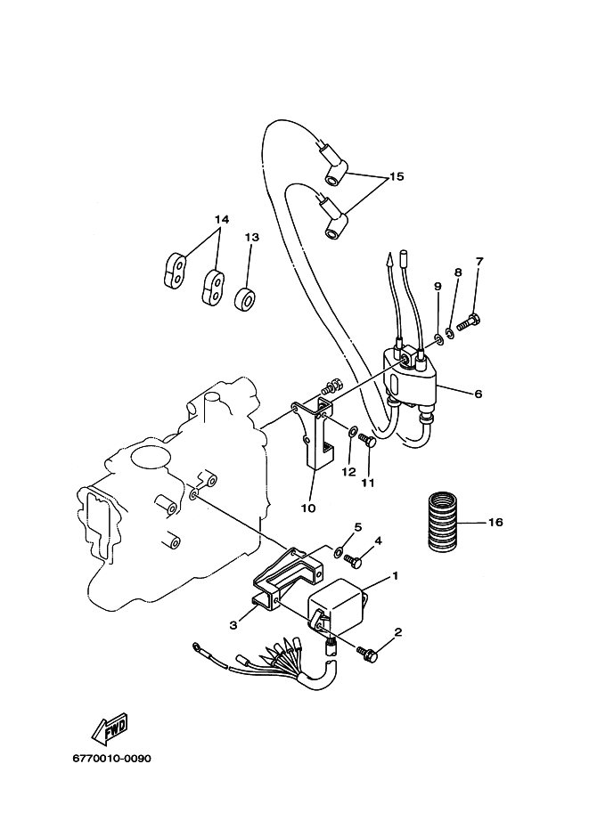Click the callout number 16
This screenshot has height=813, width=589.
[x=495, y=522]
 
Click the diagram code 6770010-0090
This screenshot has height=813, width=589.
[x=111, y=759]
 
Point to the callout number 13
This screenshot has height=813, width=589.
[x=252, y=238]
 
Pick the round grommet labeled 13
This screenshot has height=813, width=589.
[x=245, y=300]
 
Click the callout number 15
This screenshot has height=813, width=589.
[x=396, y=177]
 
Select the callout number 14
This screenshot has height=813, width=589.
[x=222, y=220]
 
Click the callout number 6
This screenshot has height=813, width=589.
[x=478, y=394]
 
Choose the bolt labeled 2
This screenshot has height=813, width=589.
[x=367, y=654]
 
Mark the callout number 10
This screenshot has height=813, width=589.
[x=308, y=508]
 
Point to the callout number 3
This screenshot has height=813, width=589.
[x=233, y=626]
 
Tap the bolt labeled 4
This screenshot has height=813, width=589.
[x=353, y=560]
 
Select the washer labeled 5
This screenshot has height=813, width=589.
[x=338, y=550]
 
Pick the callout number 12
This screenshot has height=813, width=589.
[x=348, y=472]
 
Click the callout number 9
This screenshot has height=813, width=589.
[x=438, y=286]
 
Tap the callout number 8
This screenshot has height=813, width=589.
[x=458, y=272]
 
